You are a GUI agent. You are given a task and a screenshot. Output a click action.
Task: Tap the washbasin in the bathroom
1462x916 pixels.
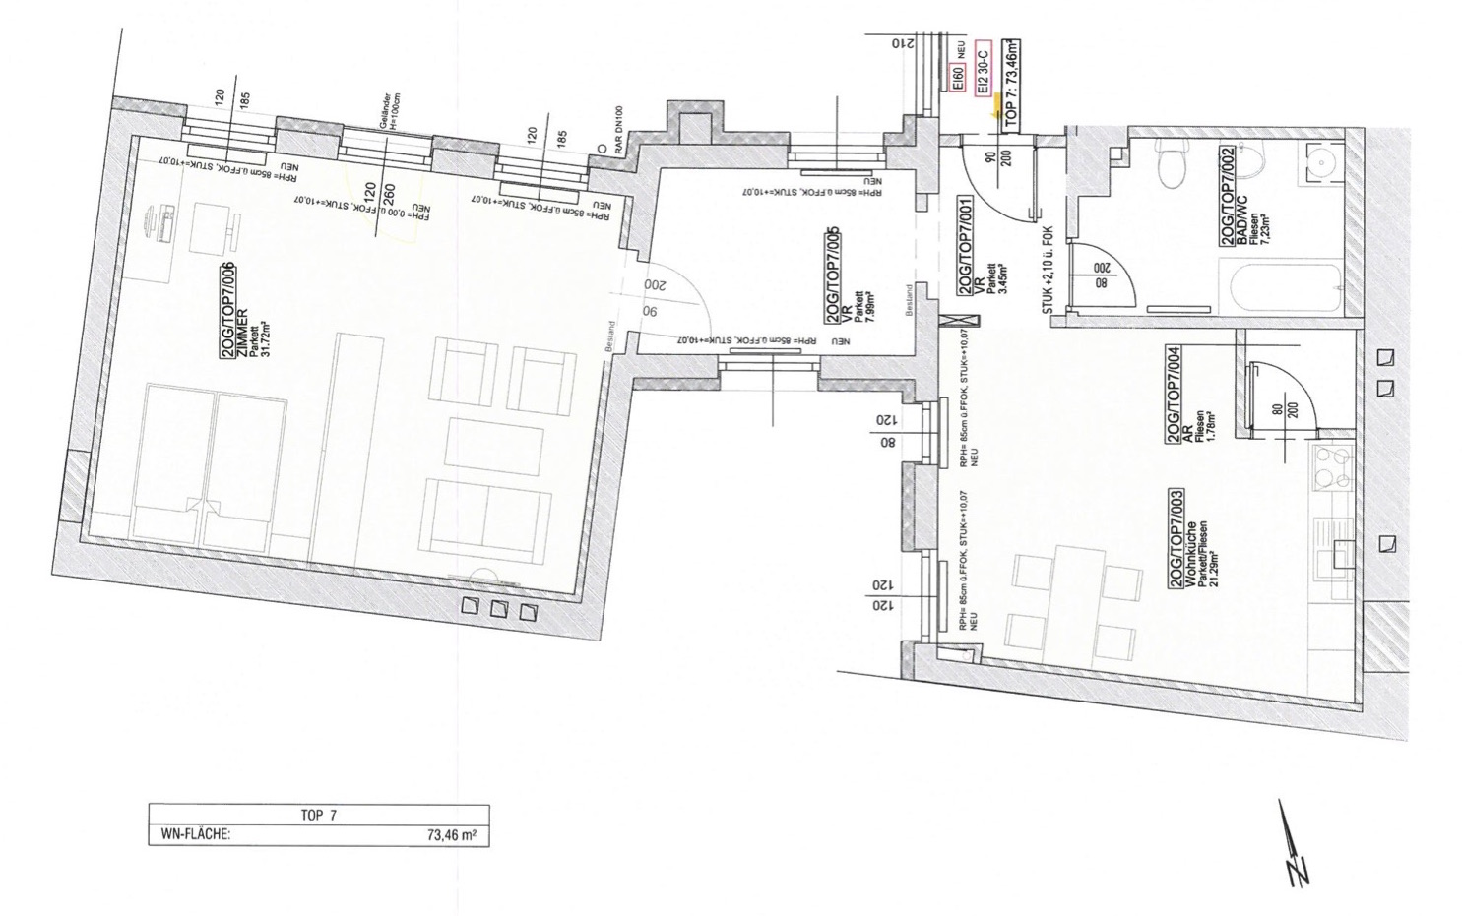click(x=1324, y=163)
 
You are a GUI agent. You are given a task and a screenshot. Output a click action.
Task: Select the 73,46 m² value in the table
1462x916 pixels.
click(x=452, y=835)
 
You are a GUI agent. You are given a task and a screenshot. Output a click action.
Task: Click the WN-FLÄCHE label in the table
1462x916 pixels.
click(x=189, y=835)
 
